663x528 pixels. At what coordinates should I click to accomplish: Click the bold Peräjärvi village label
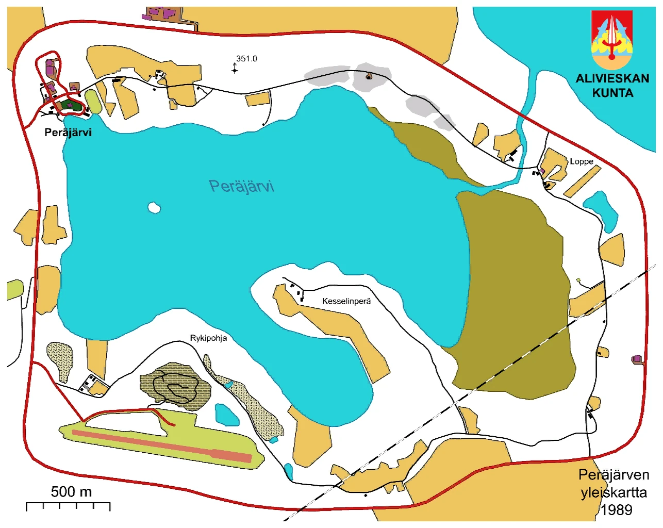click(68, 133)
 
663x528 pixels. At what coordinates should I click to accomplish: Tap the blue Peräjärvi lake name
click(241, 186)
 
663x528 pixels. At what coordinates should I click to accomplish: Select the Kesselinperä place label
click(346, 301)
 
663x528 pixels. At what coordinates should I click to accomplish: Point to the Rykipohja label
click(208, 338)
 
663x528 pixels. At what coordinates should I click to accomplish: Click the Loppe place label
click(581, 161)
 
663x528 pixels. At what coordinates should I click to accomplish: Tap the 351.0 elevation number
click(246, 59)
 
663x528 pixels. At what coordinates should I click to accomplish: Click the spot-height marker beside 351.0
click(235, 69)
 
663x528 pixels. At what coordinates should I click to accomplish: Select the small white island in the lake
click(154, 208)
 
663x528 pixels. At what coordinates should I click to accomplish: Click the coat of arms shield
click(612, 40)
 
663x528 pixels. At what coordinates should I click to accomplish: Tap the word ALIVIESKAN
click(612, 79)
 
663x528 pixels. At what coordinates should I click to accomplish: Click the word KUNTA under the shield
click(612, 93)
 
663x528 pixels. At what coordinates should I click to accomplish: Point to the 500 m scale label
click(71, 492)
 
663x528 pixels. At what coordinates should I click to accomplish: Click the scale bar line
click(68, 503)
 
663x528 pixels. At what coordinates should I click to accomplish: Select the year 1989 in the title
click(616, 510)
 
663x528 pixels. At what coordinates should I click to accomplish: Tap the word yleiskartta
click(614, 492)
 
